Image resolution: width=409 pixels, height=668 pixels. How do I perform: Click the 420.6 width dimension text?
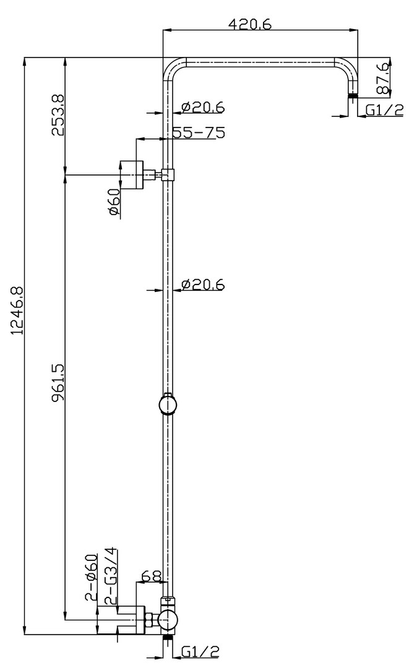point(249,24)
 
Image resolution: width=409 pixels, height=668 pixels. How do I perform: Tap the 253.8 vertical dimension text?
point(58,115)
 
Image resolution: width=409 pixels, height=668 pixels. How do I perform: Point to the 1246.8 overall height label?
point(18,310)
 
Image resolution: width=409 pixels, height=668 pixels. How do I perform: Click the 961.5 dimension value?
point(58,382)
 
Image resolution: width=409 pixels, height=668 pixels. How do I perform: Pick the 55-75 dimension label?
point(199,132)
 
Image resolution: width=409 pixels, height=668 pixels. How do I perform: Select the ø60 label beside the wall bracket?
point(114,202)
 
